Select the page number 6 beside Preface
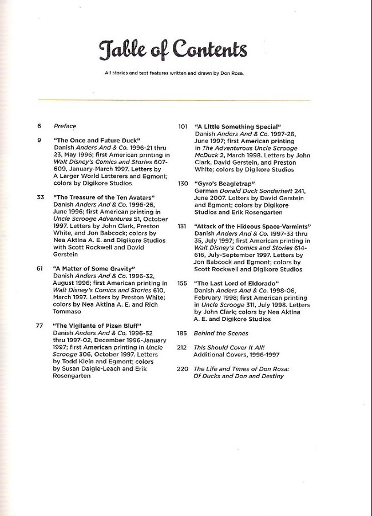(39, 126)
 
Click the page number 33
(40, 197)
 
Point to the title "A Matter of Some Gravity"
(94, 268)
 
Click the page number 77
(40, 326)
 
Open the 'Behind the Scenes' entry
(220, 333)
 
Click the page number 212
(183, 347)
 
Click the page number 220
(183, 369)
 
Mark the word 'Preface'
(65, 126)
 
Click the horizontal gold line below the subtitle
(174, 101)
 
